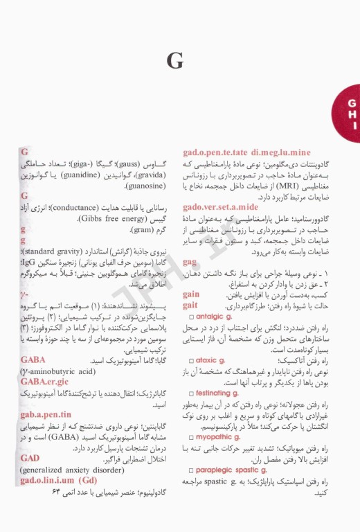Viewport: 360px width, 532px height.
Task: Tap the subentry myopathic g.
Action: click(x=217, y=437)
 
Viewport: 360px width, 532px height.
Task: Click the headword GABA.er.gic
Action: click(x=45, y=382)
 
